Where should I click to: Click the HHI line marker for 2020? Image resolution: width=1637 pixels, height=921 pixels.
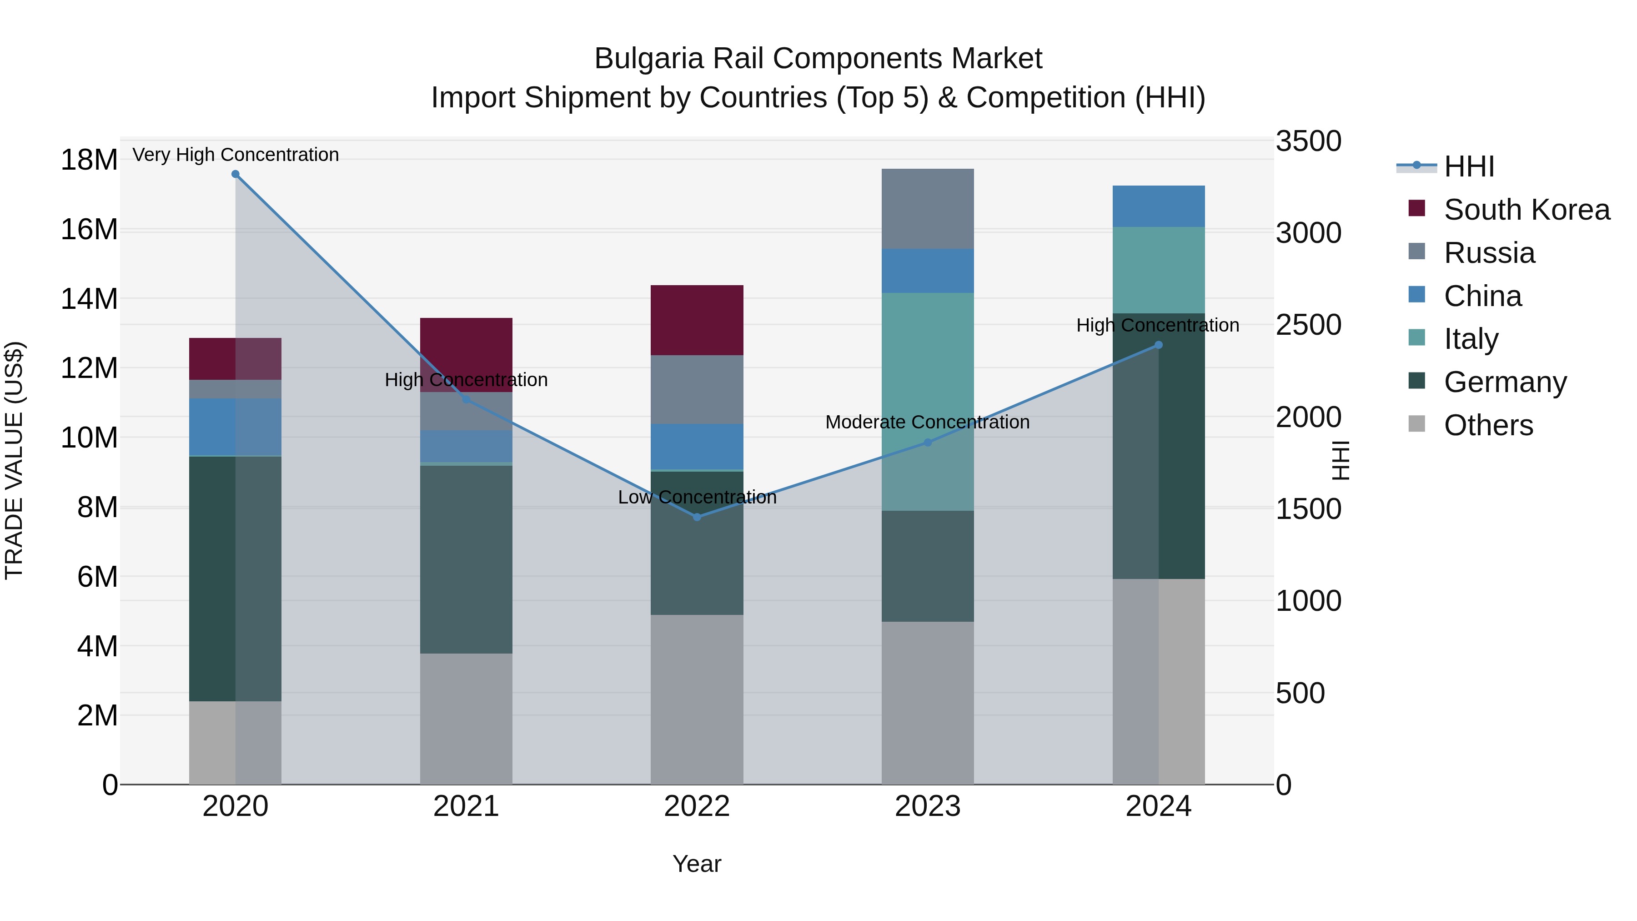point(235,174)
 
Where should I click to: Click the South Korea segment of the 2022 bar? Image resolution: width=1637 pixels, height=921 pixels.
point(697,320)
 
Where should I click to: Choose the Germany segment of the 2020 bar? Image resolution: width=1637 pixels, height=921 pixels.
point(212,579)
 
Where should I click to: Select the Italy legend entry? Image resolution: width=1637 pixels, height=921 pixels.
point(1471,339)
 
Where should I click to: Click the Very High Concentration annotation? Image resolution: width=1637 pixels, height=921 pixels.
point(236,155)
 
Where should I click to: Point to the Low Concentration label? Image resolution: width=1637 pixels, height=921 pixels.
point(697,497)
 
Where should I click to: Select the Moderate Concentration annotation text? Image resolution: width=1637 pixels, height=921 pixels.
point(927,422)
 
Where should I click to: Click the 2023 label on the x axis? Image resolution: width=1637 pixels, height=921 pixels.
point(927,806)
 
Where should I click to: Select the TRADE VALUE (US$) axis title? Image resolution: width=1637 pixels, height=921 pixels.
point(14,460)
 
